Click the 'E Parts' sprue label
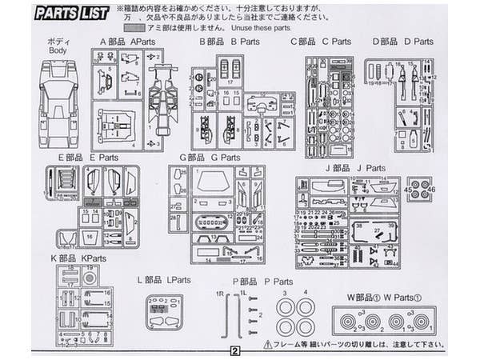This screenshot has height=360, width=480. tap(103, 158)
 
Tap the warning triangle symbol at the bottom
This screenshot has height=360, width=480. tap(267, 345)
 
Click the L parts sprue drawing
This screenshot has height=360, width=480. tap(165, 313)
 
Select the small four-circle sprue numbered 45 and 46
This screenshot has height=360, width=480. tap(419, 189)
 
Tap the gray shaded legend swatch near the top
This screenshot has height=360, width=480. tap(132, 27)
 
